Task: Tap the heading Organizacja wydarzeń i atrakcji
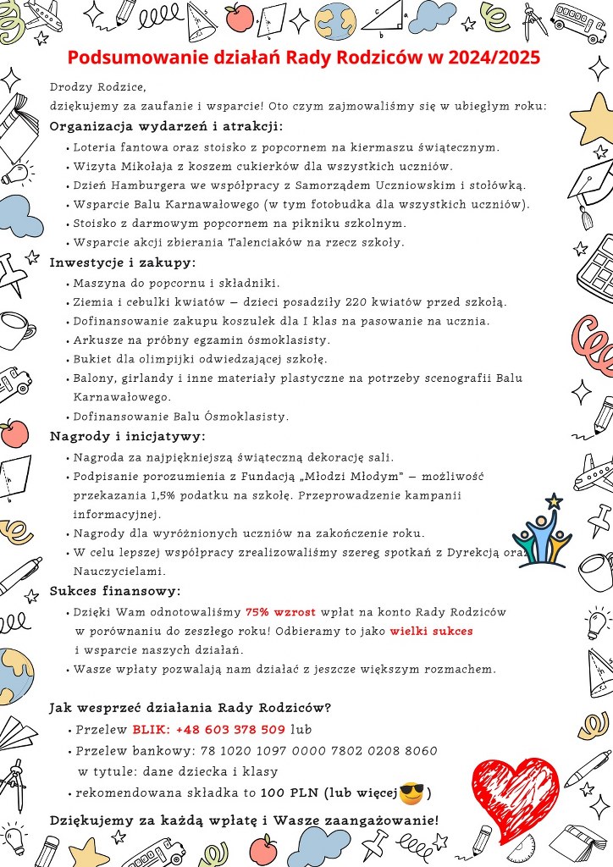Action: tap(166, 127)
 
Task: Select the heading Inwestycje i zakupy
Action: tap(123, 262)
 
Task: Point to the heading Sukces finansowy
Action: tap(115, 590)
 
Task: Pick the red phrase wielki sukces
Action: tap(431, 631)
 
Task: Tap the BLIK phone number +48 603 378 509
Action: tap(230, 729)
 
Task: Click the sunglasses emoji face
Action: tap(411, 792)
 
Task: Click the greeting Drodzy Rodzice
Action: tap(98, 87)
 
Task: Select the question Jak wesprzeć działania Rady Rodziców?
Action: tap(191, 707)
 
